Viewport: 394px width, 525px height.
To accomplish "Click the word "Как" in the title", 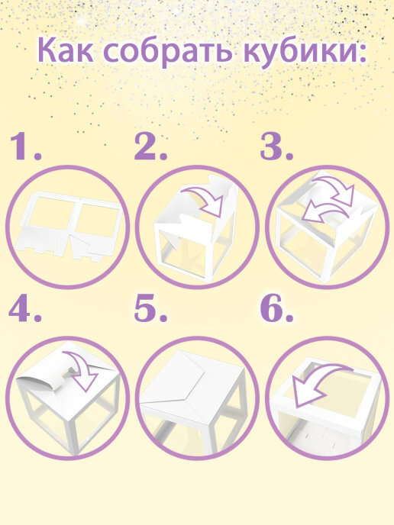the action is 66,50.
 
